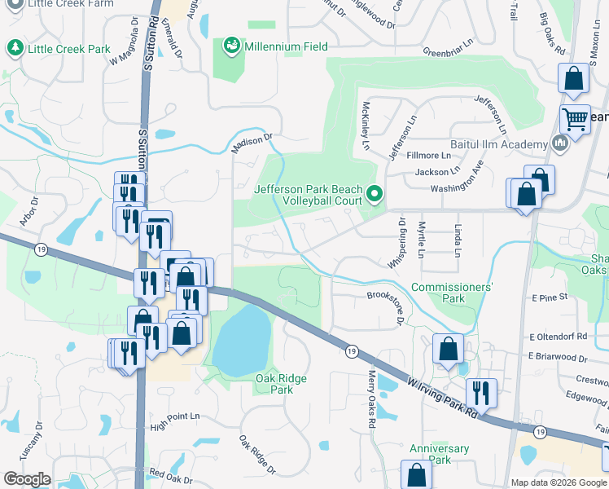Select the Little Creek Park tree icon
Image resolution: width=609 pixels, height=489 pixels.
(15, 49)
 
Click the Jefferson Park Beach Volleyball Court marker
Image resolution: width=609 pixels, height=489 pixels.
(375, 194)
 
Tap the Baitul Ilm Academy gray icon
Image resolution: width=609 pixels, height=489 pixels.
(559, 144)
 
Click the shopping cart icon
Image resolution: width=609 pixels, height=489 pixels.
(575, 120)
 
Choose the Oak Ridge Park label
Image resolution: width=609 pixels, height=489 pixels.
(274, 383)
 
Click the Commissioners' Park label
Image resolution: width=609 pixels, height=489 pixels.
(452, 293)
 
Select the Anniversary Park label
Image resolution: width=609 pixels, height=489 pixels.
(439, 454)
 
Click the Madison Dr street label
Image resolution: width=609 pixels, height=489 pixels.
(250, 143)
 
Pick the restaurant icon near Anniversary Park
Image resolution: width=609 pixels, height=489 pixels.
(481, 394)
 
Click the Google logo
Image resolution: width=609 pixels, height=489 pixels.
(28, 479)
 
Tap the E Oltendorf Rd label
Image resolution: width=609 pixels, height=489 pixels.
(559, 336)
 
